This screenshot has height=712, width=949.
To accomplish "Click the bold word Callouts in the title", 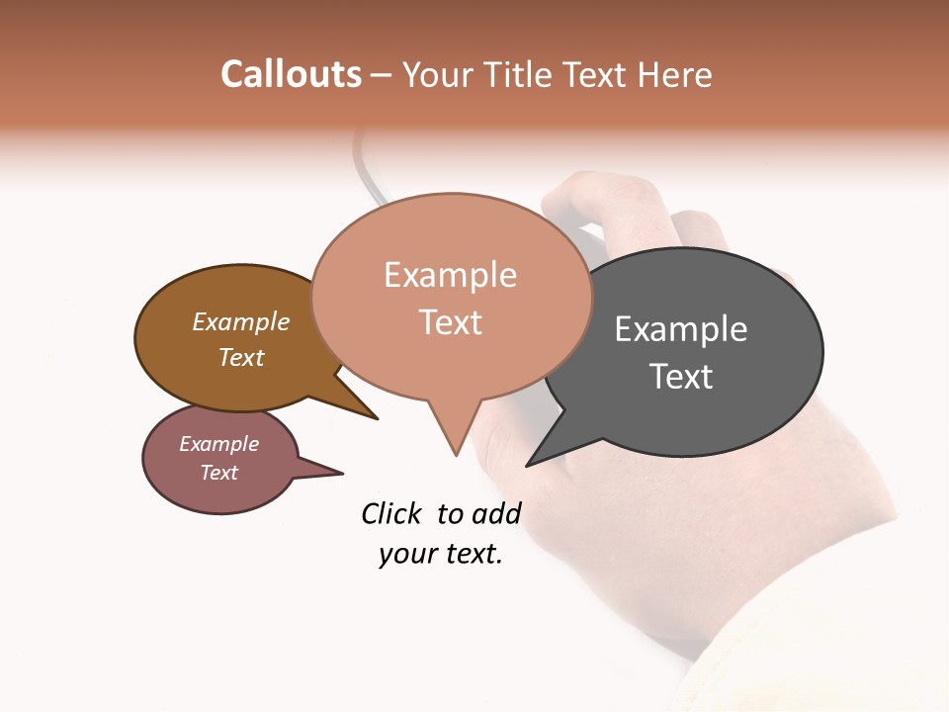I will click(x=291, y=74).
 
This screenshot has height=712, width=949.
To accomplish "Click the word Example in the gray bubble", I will click(x=681, y=329).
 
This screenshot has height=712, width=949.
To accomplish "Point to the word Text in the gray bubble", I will click(x=681, y=377).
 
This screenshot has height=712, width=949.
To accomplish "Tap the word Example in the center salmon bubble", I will click(x=450, y=275).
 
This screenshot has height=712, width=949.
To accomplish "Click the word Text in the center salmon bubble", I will click(x=450, y=322).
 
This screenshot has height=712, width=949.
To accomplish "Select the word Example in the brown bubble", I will click(x=241, y=322).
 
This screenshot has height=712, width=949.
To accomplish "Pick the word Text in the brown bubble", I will click(x=241, y=357).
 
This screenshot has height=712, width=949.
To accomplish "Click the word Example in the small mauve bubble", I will click(x=218, y=444).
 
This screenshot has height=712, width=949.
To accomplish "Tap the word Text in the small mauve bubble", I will click(x=218, y=473).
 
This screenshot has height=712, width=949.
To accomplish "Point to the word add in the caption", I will click(x=495, y=514).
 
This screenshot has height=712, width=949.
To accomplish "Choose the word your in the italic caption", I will click(x=405, y=555).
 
